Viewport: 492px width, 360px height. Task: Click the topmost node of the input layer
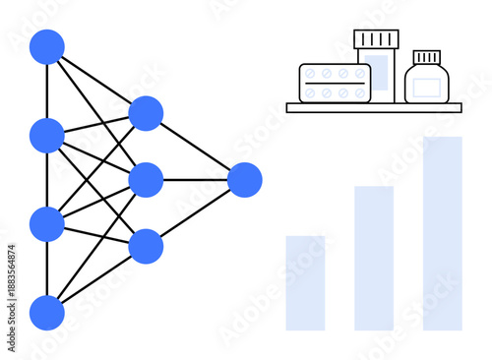pyautogui.click(x=47, y=47)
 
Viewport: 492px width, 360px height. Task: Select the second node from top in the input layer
pyautogui.click(x=47, y=135)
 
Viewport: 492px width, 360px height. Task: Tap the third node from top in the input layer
pyautogui.click(x=47, y=224)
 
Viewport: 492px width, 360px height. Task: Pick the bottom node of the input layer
pyautogui.click(x=47, y=313)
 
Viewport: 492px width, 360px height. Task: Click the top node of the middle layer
pyautogui.click(x=146, y=113)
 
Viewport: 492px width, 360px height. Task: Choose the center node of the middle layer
pyautogui.click(x=146, y=180)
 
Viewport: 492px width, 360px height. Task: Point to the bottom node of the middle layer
pyautogui.click(x=146, y=246)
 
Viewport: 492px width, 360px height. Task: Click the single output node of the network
pyautogui.click(x=245, y=180)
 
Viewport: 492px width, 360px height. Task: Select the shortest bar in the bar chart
pyautogui.click(x=305, y=283)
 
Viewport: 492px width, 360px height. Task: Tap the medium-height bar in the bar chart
pyautogui.click(x=374, y=258)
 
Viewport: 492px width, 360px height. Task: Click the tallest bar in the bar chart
pyautogui.click(x=443, y=233)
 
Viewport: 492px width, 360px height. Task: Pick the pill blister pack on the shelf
pyautogui.click(x=335, y=83)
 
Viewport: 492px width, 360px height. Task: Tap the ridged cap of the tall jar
pyautogui.click(x=377, y=39)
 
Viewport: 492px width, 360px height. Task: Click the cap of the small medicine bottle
pyautogui.click(x=427, y=57)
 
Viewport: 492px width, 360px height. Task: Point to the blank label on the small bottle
pyautogui.click(x=427, y=88)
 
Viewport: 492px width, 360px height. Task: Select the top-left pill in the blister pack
pyautogui.click(x=311, y=74)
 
